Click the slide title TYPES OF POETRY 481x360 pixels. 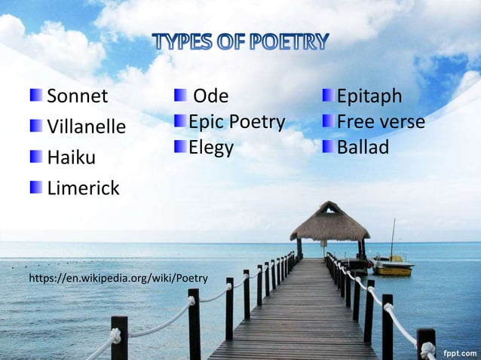click(x=240, y=41)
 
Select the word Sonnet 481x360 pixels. click(x=78, y=97)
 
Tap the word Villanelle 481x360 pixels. click(x=86, y=127)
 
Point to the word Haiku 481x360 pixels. click(x=71, y=158)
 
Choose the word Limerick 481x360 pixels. click(x=83, y=188)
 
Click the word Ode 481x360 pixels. click(x=211, y=97)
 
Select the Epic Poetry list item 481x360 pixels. click(x=237, y=122)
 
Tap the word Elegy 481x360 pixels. click(x=211, y=147)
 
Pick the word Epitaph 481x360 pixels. click(x=369, y=97)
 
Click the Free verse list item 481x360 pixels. click(x=381, y=122)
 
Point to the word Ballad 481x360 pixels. click(x=363, y=147)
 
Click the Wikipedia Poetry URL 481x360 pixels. click(x=118, y=279)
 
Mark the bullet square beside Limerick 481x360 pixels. click(x=36, y=187)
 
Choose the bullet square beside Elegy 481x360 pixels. click(x=179, y=146)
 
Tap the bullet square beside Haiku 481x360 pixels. click(x=36, y=157)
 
